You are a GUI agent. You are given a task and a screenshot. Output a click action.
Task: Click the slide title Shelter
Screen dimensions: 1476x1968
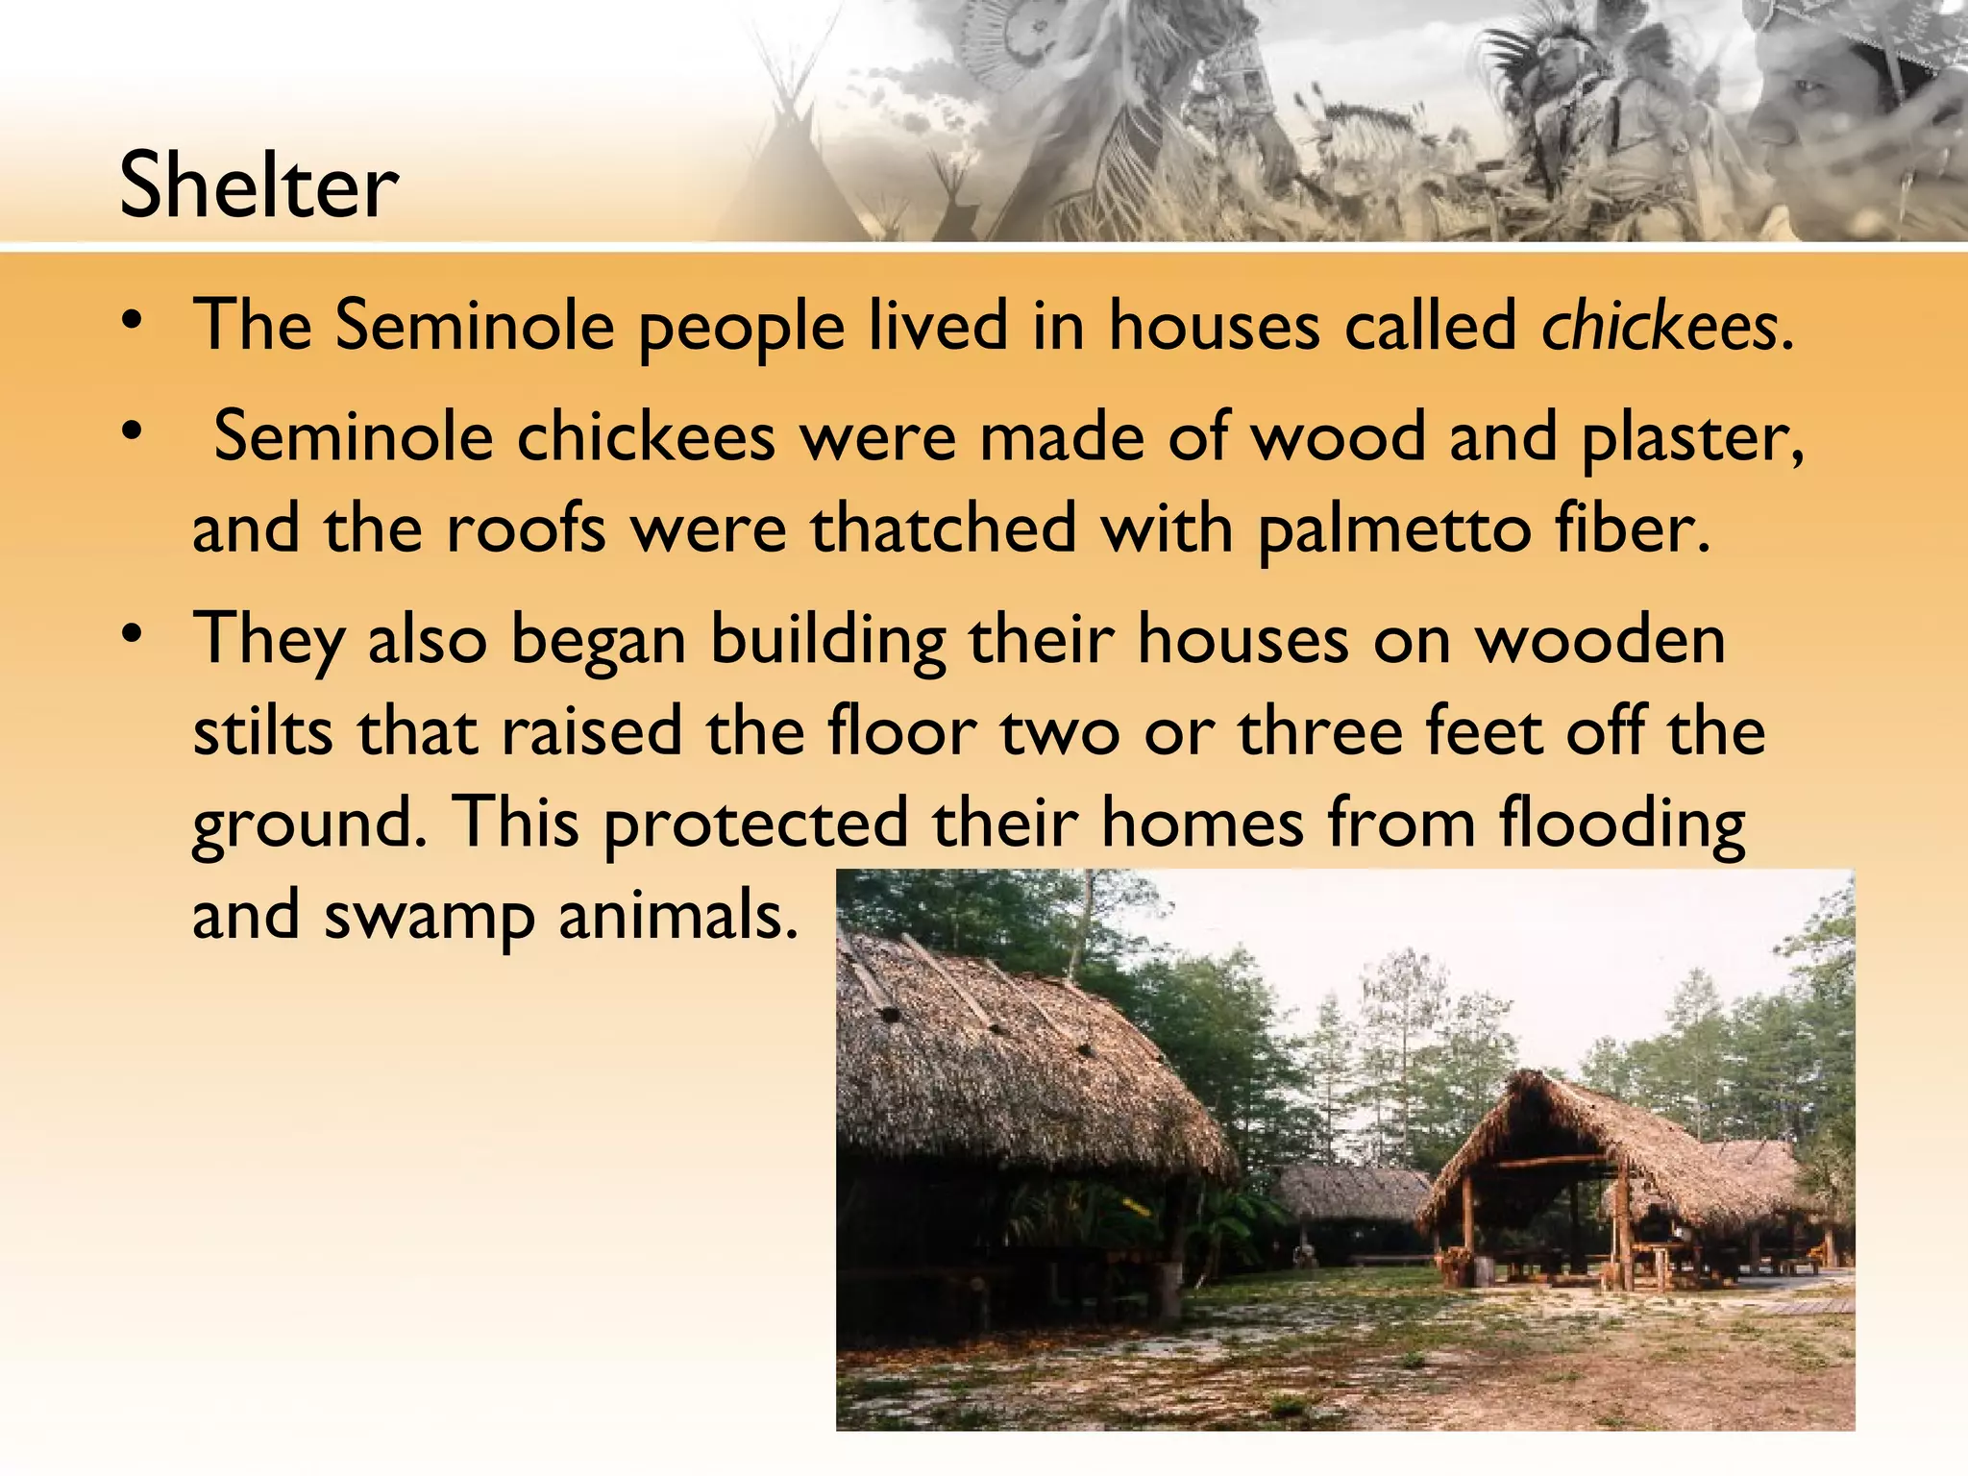pyautogui.click(x=258, y=184)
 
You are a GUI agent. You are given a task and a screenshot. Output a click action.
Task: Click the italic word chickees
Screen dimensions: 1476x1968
pyautogui.click(x=1659, y=327)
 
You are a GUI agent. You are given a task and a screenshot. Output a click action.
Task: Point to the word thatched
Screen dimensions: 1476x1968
pyautogui.click(x=944, y=529)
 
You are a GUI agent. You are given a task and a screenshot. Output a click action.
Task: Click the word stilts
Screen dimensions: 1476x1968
pyautogui.click(x=263, y=731)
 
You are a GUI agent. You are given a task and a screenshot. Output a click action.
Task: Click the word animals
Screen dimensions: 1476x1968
pyautogui.click(x=677, y=915)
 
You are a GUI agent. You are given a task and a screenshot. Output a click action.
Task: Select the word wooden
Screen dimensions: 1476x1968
pyautogui.click(x=1601, y=639)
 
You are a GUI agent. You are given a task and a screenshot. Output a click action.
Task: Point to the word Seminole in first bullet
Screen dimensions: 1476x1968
pyautogui.click(x=475, y=327)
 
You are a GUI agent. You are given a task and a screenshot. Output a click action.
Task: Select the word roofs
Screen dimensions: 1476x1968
pyautogui.click(x=526, y=529)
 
